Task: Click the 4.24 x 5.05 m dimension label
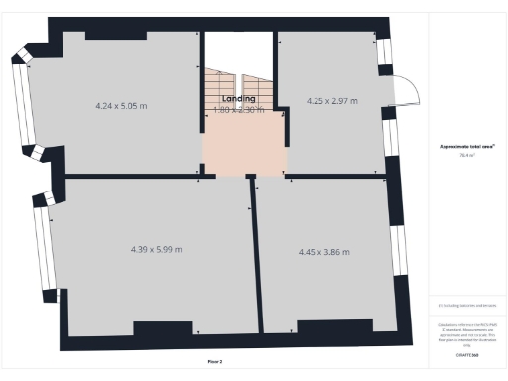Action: click(x=122, y=105)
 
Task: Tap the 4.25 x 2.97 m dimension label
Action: click(x=332, y=100)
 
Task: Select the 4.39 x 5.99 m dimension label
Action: click(x=157, y=249)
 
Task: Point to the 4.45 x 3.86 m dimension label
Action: click(x=326, y=252)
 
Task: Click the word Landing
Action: click(x=239, y=99)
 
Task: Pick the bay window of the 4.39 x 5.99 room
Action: click(x=41, y=237)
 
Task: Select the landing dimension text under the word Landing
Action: click(x=239, y=110)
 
